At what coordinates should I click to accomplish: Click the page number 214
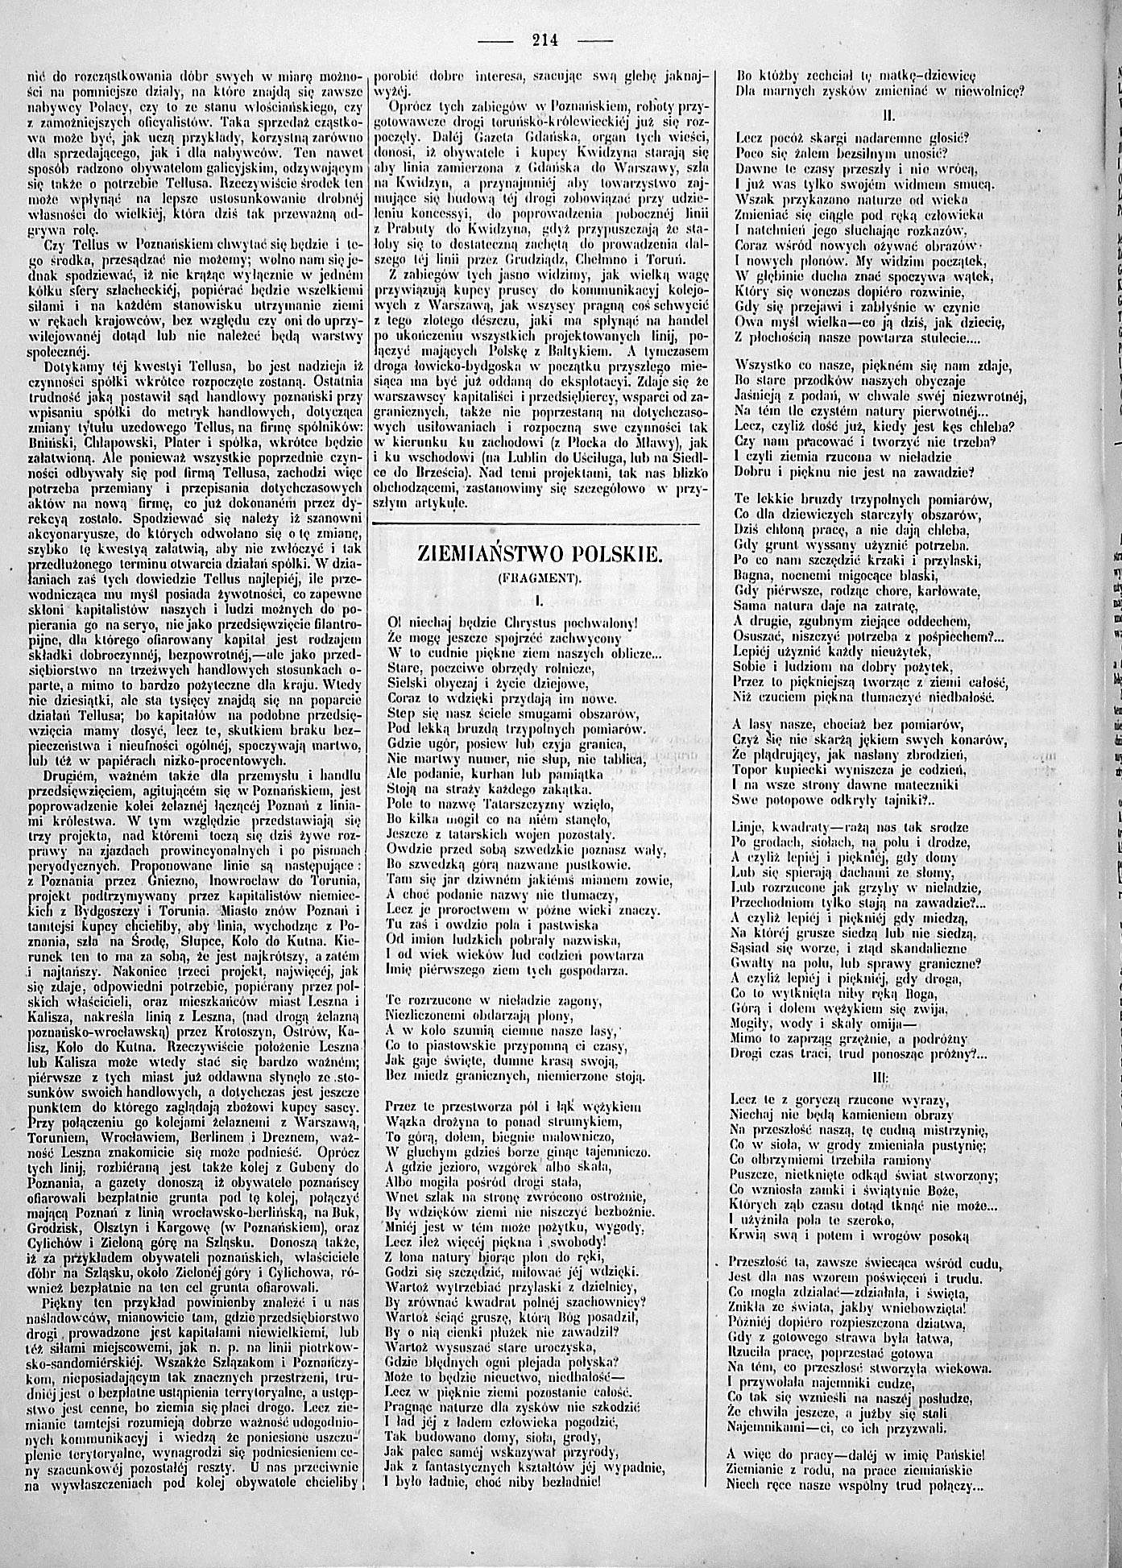coord(544,38)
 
